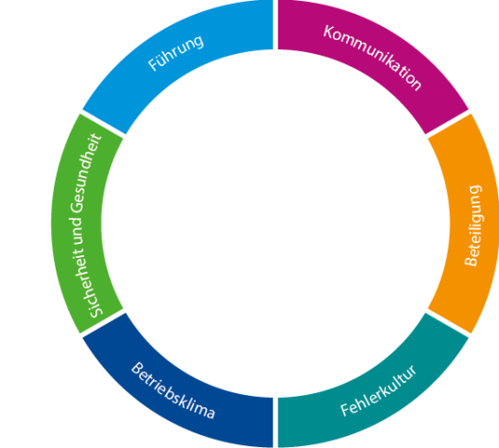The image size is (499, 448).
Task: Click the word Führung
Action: click(176, 53)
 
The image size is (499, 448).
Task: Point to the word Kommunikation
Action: click(373, 58)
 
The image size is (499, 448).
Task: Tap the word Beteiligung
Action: click(473, 225)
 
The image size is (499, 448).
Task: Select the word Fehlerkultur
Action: click(378, 390)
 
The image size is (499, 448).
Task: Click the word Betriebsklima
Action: click(173, 390)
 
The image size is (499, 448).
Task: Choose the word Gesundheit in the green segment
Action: click(86, 173)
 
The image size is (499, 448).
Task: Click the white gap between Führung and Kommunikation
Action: click(275, 25)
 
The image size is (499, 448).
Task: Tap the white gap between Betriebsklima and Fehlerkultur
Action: click(275, 423)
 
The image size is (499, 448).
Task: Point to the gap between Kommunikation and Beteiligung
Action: click(448, 123)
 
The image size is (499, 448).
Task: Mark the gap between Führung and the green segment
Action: click(102, 123)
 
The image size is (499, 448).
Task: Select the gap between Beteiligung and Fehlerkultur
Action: click(448, 324)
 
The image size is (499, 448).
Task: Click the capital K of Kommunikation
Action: click(329, 32)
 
